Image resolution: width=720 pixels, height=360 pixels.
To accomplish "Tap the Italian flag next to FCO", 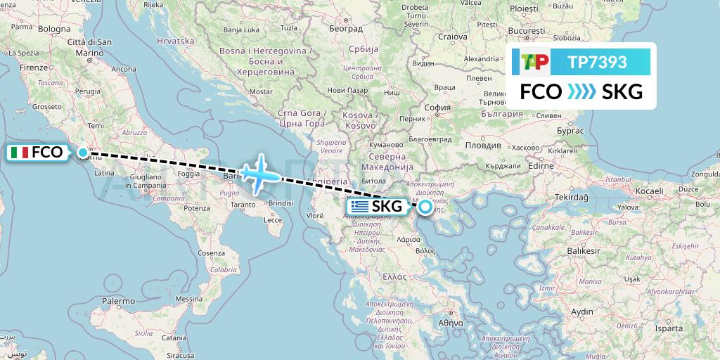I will click(20, 152).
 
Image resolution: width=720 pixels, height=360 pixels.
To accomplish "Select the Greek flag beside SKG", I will click(360, 207).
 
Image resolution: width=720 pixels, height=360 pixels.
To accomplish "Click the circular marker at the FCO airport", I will click(83, 153).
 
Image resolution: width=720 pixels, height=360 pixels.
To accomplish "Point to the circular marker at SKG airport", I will click(425, 207).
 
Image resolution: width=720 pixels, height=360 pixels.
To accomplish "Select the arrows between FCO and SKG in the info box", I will click(581, 92).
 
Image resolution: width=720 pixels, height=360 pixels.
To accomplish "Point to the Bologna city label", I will click(54, 29).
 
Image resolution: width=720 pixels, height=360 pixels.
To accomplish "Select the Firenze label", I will click(33, 67).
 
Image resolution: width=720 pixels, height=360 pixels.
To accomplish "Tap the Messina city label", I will click(188, 299).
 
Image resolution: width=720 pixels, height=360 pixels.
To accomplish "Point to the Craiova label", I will click(452, 37).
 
